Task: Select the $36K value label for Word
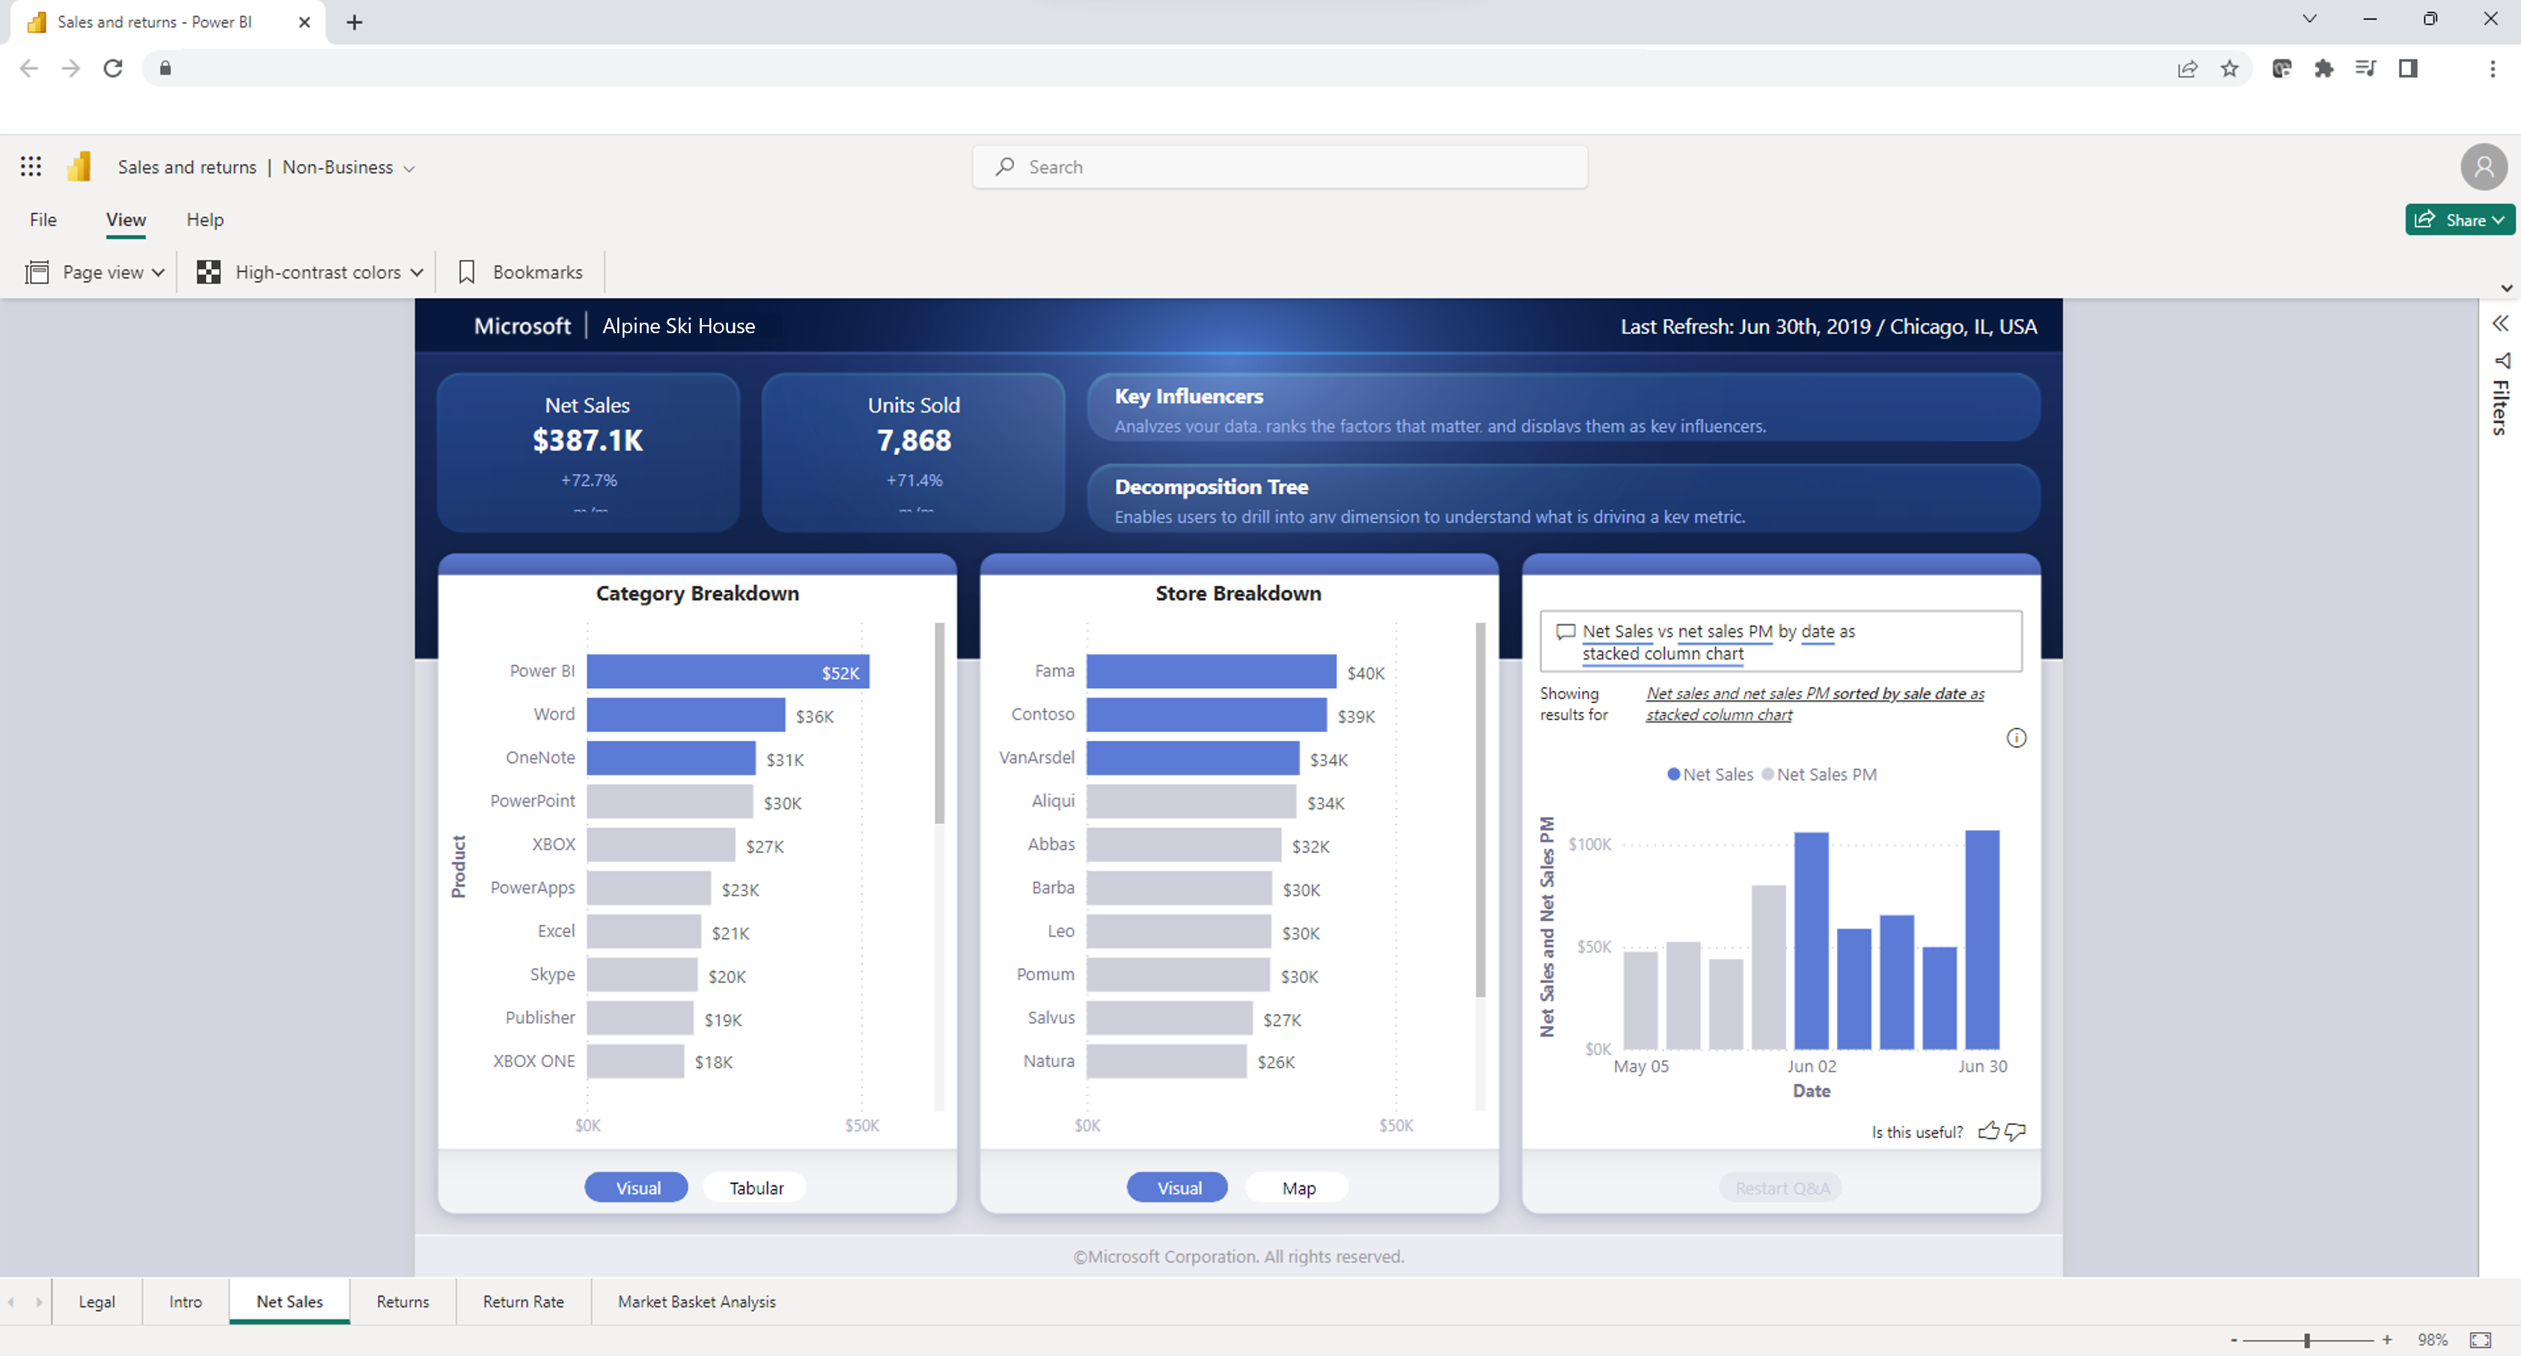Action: (x=814, y=717)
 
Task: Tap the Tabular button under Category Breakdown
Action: (x=756, y=1188)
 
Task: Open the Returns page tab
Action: (x=403, y=1301)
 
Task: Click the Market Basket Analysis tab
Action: (x=696, y=1301)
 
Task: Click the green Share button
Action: (x=2457, y=219)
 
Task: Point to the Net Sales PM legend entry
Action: (x=1825, y=774)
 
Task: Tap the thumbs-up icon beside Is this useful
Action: (x=1987, y=1132)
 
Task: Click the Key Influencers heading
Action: (x=1188, y=397)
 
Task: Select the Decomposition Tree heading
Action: (x=1211, y=487)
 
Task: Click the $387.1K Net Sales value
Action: (x=587, y=440)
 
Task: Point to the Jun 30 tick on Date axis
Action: (x=1981, y=1066)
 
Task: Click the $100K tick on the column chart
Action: (x=1589, y=844)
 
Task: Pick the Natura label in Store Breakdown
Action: (x=1048, y=1060)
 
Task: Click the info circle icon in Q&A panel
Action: (x=2016, y=738)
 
